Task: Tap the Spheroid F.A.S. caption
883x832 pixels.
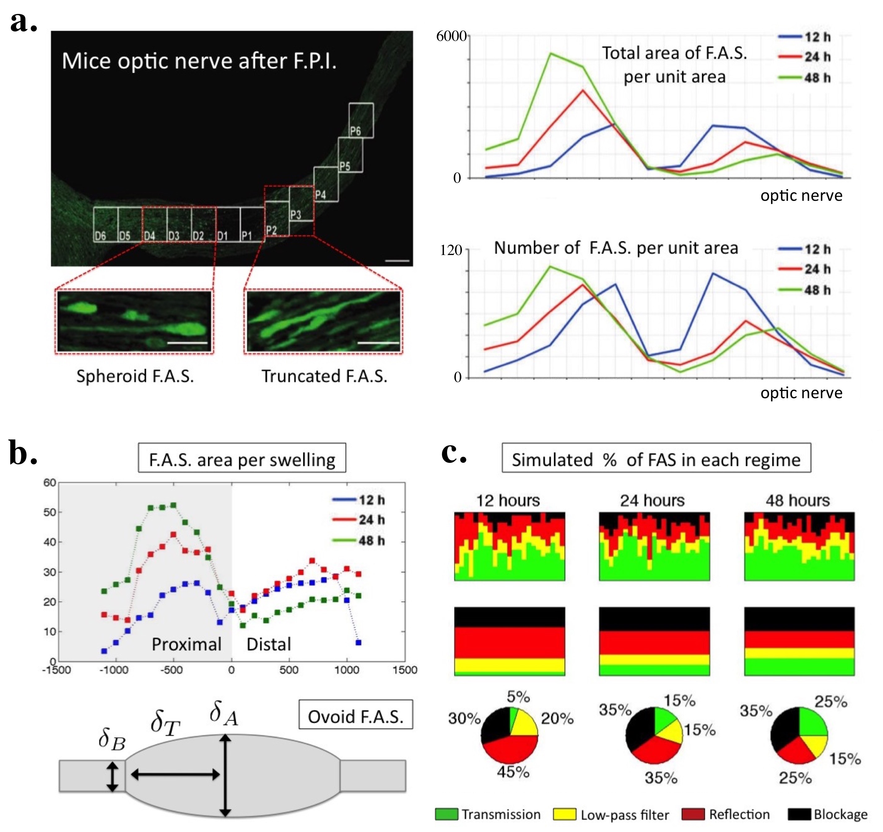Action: (x=135, y=376)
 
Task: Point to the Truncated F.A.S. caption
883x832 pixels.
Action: (x=324, y=376)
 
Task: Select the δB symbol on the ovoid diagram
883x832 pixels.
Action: (x=112, y=739)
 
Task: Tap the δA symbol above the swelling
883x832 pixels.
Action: (x=224, y=713)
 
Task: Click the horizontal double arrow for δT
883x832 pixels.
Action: (x=176, y=775)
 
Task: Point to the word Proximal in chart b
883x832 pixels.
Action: (x=187, y=644)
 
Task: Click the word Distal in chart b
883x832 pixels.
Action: (x=269, y=644)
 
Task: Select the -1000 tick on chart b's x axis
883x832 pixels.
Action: (x=115, y=670)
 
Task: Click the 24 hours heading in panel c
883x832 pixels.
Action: (x=652, y=500)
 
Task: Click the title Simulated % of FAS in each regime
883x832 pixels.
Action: (x=656, y=460)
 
